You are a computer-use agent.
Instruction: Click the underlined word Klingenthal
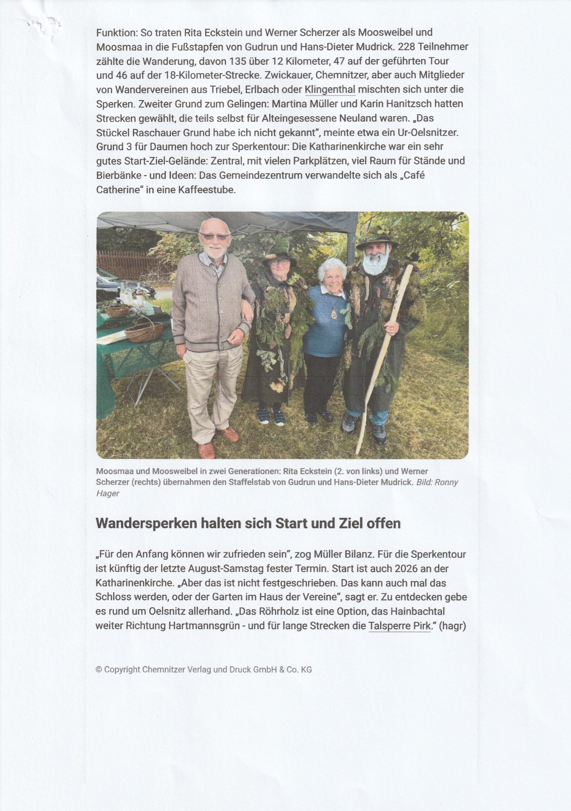[x=330, y=89]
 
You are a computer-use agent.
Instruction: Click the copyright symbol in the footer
[x=99, y=670]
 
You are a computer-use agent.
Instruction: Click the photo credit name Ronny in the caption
[x=446, y=482]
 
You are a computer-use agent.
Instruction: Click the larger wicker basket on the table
[x=144, y=331]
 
